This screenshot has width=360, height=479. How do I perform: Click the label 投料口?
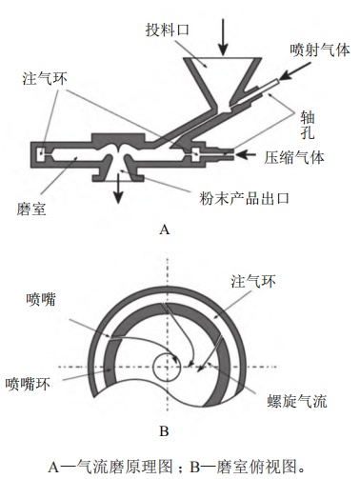point(168,30)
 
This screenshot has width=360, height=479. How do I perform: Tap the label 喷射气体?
point(320,50)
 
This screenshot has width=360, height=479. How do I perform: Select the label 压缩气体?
point(294,157)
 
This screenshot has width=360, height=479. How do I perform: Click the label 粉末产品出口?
point(245,198)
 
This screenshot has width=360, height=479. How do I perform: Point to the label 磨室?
point(31,209)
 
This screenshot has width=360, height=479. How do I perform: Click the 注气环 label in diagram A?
point(45,78)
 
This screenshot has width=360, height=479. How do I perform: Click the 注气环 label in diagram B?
point(253,281)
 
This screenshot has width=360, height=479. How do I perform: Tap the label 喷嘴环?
point(28,384)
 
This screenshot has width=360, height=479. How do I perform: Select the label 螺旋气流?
point(297,401)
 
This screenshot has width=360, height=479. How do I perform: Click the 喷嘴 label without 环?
point(41,299)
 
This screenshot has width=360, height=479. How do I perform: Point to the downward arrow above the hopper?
point(224,37)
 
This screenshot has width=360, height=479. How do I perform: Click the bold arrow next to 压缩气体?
point(246,154)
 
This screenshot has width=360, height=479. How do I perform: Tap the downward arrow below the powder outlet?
point(118,189)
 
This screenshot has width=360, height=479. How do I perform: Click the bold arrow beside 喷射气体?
point(295,71)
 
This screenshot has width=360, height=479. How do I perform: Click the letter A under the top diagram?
point(164,230)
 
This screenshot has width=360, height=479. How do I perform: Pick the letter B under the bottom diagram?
point(164,431)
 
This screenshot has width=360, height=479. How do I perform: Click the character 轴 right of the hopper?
point(308,118)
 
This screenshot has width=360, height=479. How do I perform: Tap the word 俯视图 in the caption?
point(275,466)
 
